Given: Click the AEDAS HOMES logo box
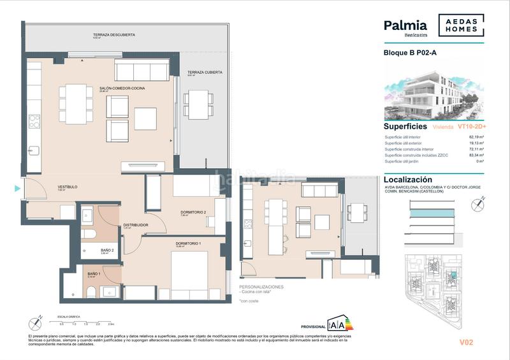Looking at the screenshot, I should coord(460,25).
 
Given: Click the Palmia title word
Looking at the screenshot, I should coord(405,25).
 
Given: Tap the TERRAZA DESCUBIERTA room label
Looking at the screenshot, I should coord(114,35).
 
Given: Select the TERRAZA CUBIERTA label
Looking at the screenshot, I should coord(205,73).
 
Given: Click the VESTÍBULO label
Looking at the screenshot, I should coord(67,187).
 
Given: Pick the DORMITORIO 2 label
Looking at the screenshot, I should coord(193,212).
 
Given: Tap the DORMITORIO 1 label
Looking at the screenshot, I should coord(189,244).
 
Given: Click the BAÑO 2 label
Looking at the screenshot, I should coord(107,250).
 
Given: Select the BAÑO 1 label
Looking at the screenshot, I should coord(94,274).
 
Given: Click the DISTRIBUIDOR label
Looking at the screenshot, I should coord(136,225).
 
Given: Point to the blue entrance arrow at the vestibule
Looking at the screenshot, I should coord(17,188).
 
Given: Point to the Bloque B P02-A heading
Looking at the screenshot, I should coord(409,53).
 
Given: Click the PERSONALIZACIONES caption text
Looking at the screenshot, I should coord(261,287).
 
